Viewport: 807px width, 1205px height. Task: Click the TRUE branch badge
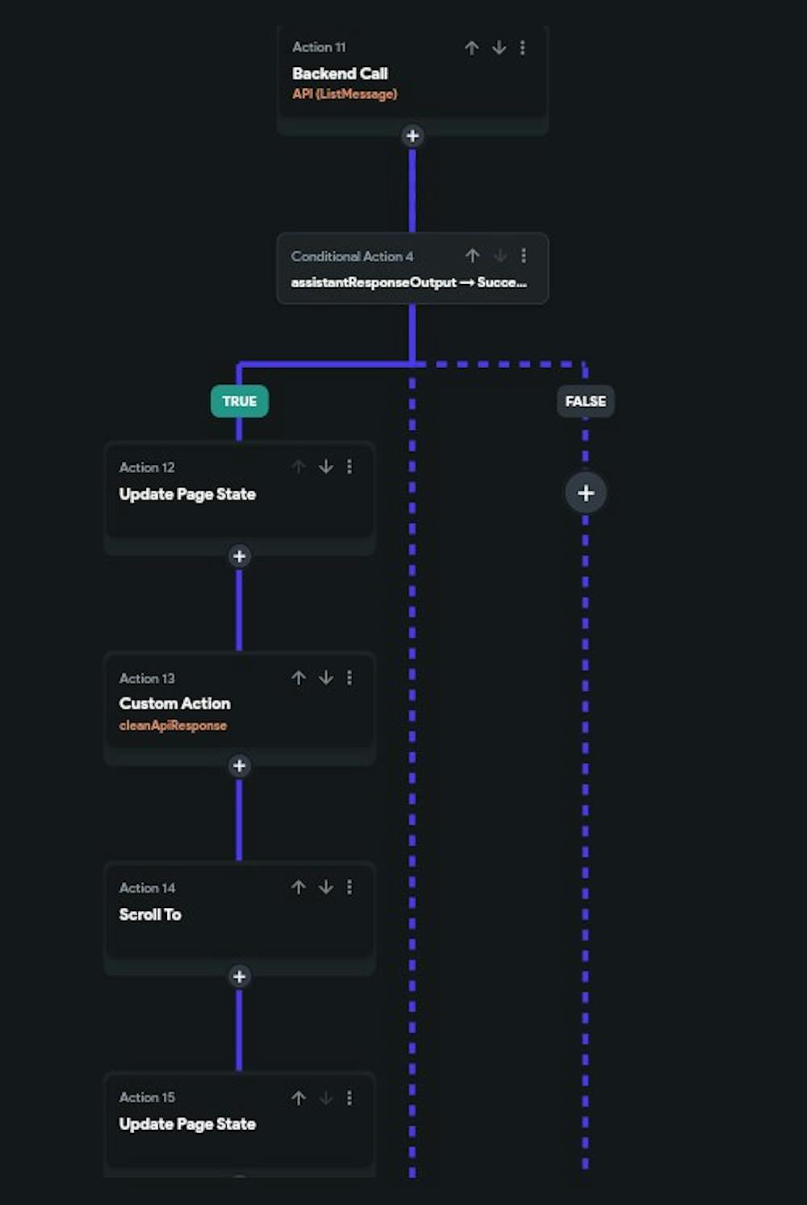point(239,401)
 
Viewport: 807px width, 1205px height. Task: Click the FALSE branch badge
point(585,401)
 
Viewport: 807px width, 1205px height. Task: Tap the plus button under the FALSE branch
point(586,493)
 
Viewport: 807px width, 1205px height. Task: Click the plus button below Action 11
point(412,136)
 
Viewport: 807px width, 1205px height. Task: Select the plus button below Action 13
point(239,766)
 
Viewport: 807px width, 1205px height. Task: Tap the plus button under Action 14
point(239,977)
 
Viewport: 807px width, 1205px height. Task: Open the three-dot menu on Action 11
point(523,48)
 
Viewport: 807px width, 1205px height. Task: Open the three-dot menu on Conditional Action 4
point(524,256)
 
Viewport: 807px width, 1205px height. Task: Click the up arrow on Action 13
point(299,678)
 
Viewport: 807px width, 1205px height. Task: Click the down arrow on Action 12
point(326,467)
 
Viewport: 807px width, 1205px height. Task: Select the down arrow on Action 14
point(326,887)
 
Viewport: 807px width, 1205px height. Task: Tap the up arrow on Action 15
point(299,1098)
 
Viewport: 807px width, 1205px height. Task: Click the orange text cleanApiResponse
point(173,726)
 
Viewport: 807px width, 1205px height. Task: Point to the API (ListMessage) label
point(345,94)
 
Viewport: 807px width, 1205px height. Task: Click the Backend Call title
point(340,73)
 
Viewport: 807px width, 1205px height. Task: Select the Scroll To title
point(150,914)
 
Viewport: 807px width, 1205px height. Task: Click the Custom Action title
point(174,704)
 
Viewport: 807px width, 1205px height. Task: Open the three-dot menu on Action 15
point(349,1098)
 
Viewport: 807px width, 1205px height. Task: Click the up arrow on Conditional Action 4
point(473,256)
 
